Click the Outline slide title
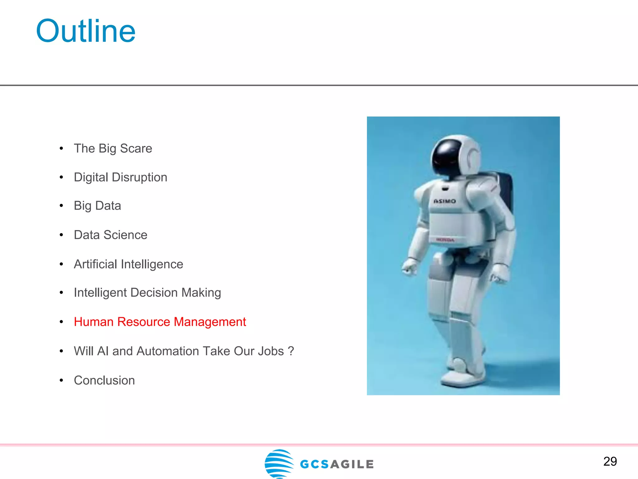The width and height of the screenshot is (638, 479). (86, 31)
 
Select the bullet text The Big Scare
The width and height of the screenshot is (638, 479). (113, 148)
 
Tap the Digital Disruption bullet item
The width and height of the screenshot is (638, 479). (120, 177)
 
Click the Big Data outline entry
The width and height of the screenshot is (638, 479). (97, 206)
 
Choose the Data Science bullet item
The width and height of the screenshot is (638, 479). (110, 235)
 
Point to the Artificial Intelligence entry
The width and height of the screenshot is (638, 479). (128, 264)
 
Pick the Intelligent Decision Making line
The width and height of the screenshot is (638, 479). (147, 293)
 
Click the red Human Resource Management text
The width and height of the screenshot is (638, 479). (160, 322)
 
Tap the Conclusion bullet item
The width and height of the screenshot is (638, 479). (104, 380)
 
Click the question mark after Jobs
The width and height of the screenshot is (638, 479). (291, 351)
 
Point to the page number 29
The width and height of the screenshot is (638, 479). (610, 462)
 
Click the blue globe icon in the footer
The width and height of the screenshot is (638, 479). (279, 463)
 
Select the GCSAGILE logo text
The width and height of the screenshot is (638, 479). (336, 464)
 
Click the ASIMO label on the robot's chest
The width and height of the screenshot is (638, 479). (445, 201)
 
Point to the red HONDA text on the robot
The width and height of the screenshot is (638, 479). (445, 240)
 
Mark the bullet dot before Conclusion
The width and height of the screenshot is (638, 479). (61, 380)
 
